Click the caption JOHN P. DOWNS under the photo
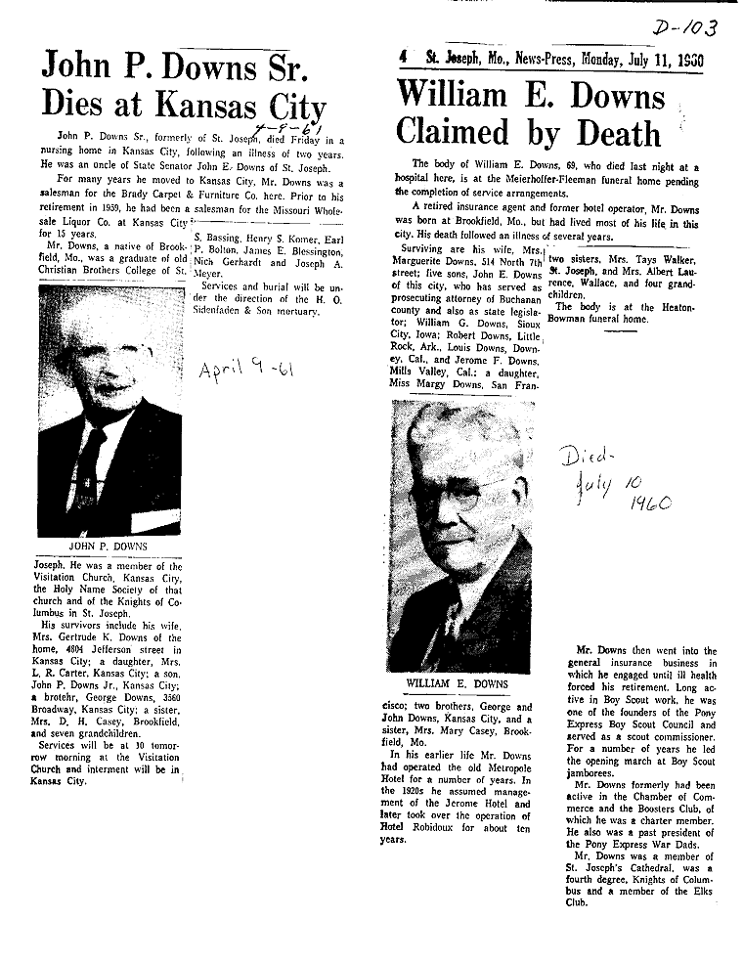point(109,547)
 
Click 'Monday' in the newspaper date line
point(611,60)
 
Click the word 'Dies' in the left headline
point(82,104)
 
